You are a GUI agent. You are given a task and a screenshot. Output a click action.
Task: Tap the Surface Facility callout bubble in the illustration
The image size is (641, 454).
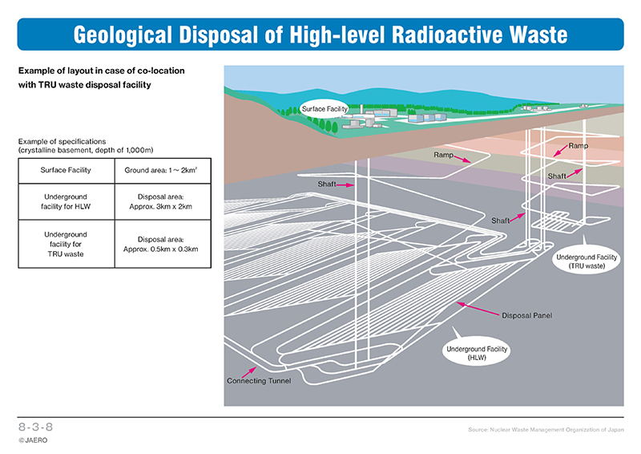coord(325,109)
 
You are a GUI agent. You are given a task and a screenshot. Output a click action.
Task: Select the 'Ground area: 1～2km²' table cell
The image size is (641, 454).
coord(163,171)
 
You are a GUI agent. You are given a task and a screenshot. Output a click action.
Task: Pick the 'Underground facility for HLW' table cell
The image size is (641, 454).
coord(67,202)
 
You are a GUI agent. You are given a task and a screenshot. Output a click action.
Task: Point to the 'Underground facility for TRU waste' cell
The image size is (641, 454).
coord(67,245)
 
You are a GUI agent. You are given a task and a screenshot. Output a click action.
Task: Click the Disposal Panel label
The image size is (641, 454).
coord(527,315)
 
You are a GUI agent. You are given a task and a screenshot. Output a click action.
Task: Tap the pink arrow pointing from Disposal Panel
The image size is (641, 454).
coord(478,309)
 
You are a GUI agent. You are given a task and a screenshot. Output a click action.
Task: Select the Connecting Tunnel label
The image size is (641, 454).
coord(259,381)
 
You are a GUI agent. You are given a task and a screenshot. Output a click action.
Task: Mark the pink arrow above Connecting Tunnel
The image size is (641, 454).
coord(248,372)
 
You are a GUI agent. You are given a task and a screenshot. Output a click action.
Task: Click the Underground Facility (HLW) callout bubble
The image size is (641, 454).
coord(477,353)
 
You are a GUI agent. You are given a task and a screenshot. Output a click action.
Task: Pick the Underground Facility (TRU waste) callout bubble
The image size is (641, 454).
coord(587,261)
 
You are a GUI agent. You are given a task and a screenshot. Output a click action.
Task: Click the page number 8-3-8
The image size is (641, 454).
coord(35,427)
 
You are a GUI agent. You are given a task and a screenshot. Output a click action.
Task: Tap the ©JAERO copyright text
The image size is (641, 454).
coord(33,440)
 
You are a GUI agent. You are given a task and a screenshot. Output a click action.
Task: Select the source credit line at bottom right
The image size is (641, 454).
coord(546,429)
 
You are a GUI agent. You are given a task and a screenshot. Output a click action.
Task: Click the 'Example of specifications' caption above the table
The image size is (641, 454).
coord(62,142)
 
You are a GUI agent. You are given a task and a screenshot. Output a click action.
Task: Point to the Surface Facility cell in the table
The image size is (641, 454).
coord(67,171)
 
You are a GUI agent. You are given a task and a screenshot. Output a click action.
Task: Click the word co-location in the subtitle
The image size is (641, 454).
coord(161,71)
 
